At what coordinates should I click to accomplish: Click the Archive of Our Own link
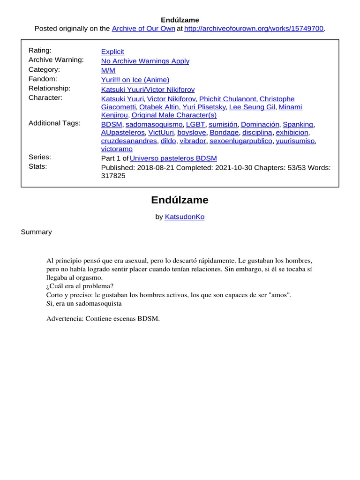[143, 29]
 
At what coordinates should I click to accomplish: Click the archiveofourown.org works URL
[254, 29]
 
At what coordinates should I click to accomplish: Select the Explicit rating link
[112, 52]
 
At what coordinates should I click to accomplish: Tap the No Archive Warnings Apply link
[145, 61]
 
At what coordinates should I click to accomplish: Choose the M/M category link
[108, 70]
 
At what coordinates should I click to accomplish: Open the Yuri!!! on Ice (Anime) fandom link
[135, 80]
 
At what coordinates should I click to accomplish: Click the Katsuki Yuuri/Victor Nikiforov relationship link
[148, 90]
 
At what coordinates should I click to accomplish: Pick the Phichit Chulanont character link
[227, 99]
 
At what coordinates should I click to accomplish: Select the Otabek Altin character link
[159, 107]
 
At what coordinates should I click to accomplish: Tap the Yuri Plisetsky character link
[204, 107]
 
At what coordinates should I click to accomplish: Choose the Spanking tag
[298, 124]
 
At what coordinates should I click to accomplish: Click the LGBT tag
[195, 124]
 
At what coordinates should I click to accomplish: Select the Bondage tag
[224, 133]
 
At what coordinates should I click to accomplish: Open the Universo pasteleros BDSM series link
[173, 158]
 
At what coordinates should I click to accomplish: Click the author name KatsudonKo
[184, 217]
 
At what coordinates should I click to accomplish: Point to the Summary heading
[36, 232]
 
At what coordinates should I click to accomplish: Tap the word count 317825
[113, 176]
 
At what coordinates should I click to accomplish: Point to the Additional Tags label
[54, 123]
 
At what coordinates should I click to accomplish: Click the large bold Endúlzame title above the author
[180, 200]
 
